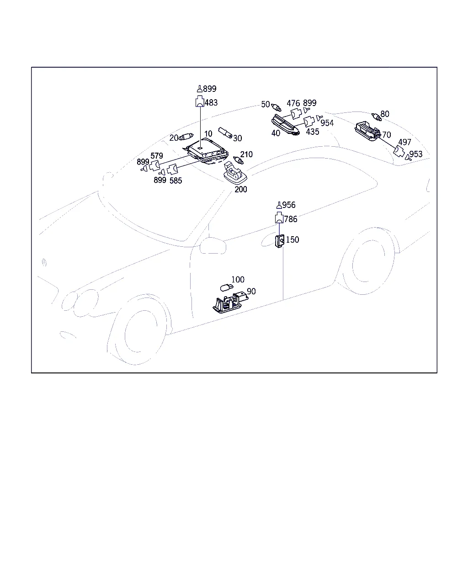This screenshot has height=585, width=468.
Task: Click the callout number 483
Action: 211,103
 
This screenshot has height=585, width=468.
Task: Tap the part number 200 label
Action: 241,190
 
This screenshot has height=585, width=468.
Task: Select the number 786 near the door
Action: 290,219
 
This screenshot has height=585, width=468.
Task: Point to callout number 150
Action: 292,239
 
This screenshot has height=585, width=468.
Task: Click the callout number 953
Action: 416,154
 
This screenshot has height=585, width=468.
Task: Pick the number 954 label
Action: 327,123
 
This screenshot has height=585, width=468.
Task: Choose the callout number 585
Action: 175,181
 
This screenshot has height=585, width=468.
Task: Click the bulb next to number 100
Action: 227,287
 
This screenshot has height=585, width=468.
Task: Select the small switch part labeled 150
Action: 280,241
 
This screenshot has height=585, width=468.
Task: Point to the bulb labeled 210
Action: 239,160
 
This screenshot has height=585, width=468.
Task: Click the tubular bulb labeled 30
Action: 225,133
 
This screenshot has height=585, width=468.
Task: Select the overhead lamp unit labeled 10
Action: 206,151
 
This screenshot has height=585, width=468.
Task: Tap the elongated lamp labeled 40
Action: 285,125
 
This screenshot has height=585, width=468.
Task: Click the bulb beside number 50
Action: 276,107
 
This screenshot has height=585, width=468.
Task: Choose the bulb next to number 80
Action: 377,117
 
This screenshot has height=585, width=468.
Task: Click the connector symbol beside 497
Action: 399,151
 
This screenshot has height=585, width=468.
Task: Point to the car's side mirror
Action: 213,245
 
